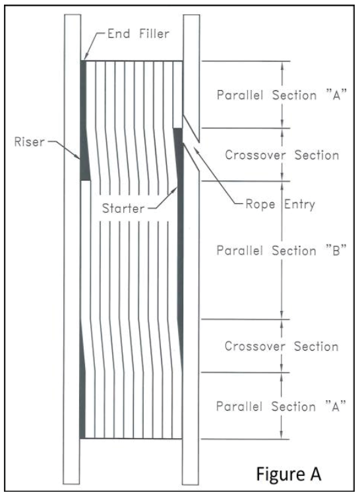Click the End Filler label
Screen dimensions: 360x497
(x=138, y=34)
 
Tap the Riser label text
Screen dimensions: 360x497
(x=30, y=142)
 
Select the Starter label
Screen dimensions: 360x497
(x=123, y=208)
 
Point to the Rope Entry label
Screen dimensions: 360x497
(x=280, y=204)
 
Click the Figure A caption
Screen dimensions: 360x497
(x=289, y=474)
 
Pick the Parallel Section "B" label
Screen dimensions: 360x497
(x=282, y=250)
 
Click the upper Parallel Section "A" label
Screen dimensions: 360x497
(x=282, y=95)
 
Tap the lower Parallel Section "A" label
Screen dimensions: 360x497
(x=281, y=406)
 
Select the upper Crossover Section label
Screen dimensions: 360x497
(x=282, y=155)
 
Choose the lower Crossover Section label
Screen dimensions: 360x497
(x=282, y=346)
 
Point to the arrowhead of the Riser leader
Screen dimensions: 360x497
(x=79, y=158)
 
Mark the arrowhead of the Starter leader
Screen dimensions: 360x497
(x=177, y=187)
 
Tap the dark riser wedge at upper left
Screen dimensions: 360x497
(x=84, y=121)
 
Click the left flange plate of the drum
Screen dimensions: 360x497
(x=73, y=249)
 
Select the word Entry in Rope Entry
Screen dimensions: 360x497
(x=299, y=205)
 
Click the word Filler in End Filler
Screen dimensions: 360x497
(x=154, y=34)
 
